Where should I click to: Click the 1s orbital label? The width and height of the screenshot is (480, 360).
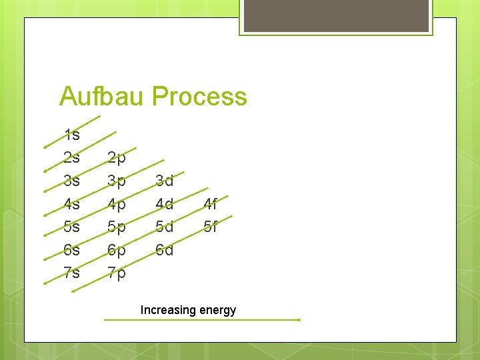pos(71,135)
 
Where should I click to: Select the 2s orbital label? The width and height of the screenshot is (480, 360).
pos(71,158)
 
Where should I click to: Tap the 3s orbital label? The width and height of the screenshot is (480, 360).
pos(71,181)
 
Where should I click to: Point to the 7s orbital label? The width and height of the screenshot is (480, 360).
pos(71,273)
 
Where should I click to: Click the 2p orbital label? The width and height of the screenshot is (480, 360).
pos(117,159)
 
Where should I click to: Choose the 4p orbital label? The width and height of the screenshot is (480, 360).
pos(117,204)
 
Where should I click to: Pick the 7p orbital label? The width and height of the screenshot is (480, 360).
pos(117,273)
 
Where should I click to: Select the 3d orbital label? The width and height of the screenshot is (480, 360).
pos(164,181)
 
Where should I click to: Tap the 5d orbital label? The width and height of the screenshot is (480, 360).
pos(164,227)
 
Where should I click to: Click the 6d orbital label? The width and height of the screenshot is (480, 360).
pos(164,250)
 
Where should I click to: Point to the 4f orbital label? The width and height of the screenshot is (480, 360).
pos(210,203)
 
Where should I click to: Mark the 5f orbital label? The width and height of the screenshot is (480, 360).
pos(210,227)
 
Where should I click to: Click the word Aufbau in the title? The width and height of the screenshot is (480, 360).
pos(102,97)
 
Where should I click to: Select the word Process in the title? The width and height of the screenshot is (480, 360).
pos(199,97)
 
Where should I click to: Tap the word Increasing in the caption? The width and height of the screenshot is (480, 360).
pos(168,310)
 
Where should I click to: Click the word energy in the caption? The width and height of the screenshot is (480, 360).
pos(217,311)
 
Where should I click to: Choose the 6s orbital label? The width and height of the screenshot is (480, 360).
pos(71,250)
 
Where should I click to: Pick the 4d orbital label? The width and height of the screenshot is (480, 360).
pos(164,204)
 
